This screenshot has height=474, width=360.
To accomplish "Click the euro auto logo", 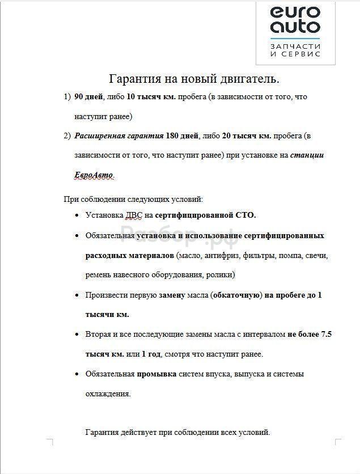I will click(x=295, y=19).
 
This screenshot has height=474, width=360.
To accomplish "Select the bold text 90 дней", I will click(x=88, y=97).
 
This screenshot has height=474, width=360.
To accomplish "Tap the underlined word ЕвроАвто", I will click(x=94, y=175).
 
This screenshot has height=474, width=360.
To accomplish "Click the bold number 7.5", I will click(x=326, y=335).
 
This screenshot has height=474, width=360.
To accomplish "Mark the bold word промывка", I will click(x=156, y=374).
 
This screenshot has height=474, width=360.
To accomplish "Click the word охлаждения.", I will click(x=108, y=393).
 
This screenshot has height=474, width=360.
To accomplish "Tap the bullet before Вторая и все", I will click(x=77, y=335).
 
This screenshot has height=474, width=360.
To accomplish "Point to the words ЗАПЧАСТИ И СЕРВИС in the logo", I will click(x=295, y=50).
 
